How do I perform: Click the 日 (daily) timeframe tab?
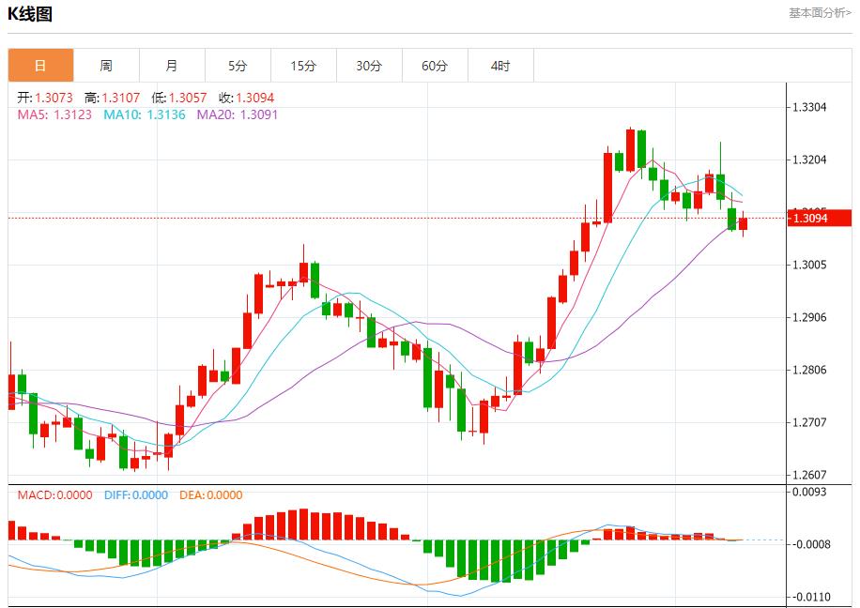tap(40, 66)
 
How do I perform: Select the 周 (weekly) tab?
tap(106, 66)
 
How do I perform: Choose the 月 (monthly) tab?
tap(172, 66)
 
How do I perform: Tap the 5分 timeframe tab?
tap(238, 66)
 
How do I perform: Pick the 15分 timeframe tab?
tap(303, 66)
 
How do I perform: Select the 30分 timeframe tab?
tap(369, 66)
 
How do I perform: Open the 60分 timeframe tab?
tap(435, 66)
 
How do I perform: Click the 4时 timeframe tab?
tap(500, 66)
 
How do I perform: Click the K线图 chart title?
tap(30, 14)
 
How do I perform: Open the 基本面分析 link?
tap(820, 13)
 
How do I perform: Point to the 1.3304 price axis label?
tap(809, 107)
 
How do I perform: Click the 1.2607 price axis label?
tap(809, 476)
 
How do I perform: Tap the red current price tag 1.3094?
tap(818, 219)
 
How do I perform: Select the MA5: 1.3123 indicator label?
tap(54, 114)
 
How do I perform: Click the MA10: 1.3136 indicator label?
tap(145, 114)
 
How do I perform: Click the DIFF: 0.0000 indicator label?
tap(136, 494)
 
